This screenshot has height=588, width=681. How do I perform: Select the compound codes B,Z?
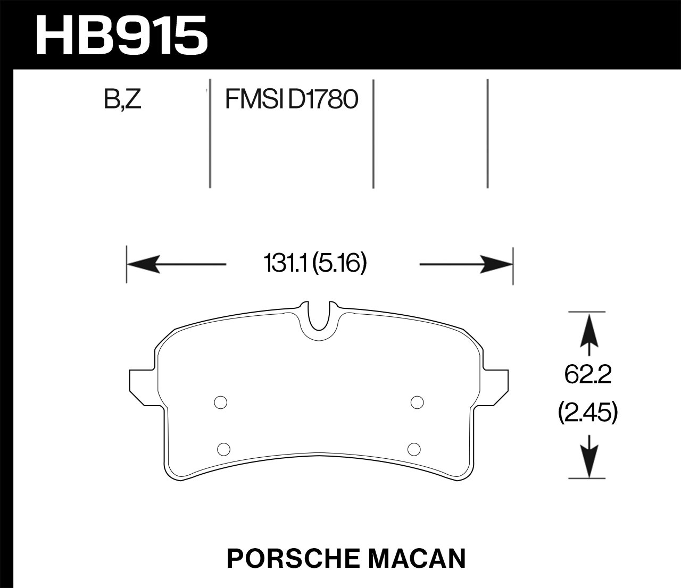click(123, 99)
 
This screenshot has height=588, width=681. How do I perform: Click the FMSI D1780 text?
click(290, 99)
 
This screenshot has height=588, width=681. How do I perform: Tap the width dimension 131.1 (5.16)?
click(315, 264)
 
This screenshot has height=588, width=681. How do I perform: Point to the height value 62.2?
click(588, 376)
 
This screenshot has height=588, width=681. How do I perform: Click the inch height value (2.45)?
click(588, 413)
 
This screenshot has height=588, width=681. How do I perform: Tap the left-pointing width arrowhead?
click(144, 264)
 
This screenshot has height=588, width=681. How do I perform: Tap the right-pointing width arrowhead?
click(496, 264)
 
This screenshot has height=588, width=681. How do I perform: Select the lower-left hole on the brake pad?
click(224, 449)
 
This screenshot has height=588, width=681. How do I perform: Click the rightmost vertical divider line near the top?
click(487, 133)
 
